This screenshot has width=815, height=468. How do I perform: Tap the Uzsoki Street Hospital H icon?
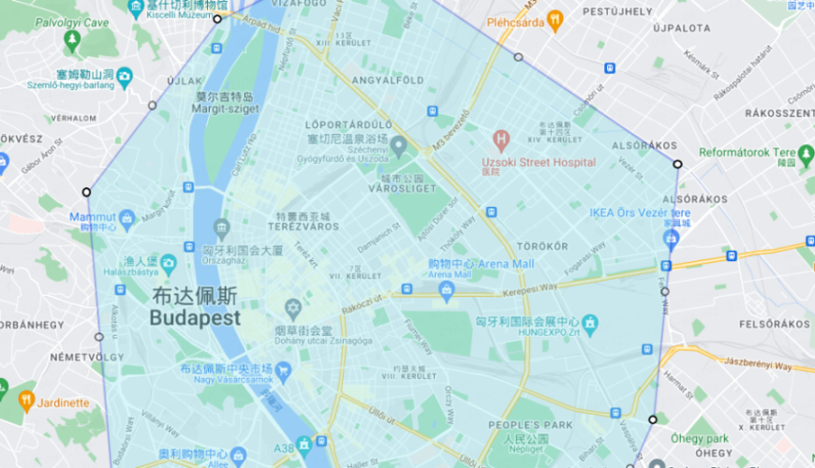pyautogui.click(x=501, y=141)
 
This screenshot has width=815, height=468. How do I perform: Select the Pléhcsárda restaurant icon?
pyautogui.click(x=556, y=20)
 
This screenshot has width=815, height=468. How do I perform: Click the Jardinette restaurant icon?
pyautogui.click(x=26, y=402)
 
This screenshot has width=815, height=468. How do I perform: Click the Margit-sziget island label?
pyautogui.click(x=223, y=103)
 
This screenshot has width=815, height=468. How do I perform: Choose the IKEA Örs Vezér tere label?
pyautogui.click(x=640, y=212)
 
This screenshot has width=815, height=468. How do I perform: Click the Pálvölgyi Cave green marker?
pyautogui.click(x=72, y=39)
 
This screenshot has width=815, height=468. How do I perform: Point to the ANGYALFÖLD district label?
pyautogui.click(x=376, y=81)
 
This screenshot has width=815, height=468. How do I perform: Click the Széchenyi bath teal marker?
pyautogui.click(x=398, y=146)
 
